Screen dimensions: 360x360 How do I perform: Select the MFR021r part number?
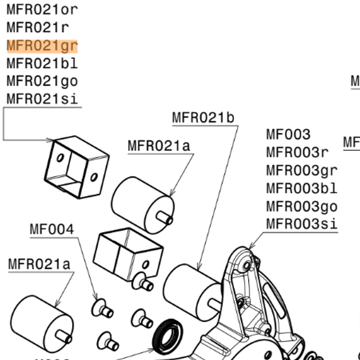click(38, 26)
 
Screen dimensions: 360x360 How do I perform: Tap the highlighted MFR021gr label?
click(42, 45)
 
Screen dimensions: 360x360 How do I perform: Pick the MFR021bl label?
click(42, 63)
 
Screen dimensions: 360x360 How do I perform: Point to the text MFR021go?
click(42, 81)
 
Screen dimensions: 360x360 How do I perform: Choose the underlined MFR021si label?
click(42, 99)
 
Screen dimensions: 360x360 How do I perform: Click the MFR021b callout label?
click(202, 117)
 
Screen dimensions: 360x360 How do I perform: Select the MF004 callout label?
click(52, 229)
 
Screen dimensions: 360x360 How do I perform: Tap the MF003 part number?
click(288, 134)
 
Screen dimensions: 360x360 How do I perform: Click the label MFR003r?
click(297, 152)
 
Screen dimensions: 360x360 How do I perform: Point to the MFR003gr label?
click(301, 170)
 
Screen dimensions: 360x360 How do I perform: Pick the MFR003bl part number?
click(301, 188)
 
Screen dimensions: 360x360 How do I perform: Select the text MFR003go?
click(301, 206)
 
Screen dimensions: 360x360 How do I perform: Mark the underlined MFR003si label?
click(301, 224)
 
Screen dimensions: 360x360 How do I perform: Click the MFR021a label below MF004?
click(39, 264)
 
